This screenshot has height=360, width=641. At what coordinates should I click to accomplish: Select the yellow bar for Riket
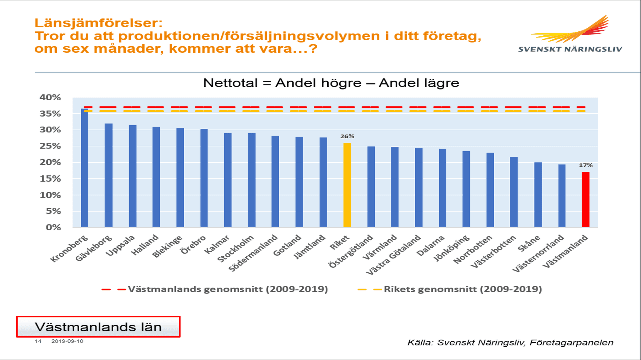[347, 185]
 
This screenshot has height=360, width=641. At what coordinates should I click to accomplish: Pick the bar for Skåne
[538, 195]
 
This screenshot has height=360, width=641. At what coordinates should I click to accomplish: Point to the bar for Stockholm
[252, 180]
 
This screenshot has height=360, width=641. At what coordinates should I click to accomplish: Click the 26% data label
[347, 136]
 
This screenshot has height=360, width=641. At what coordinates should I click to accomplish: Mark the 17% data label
[586, 165]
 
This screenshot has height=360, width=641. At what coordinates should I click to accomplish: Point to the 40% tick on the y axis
[50, 97]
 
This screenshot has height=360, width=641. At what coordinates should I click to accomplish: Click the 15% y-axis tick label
[50, 179]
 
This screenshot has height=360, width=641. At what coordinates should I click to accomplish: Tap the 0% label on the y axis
[53, 227]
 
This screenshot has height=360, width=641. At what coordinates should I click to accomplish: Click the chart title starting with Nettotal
[331, 83]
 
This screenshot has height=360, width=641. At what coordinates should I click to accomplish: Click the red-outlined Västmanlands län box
[98, 327]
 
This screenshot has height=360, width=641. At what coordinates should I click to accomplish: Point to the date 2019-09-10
[67, 341]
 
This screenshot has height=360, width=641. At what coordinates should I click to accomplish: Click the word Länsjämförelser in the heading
[98, 23]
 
